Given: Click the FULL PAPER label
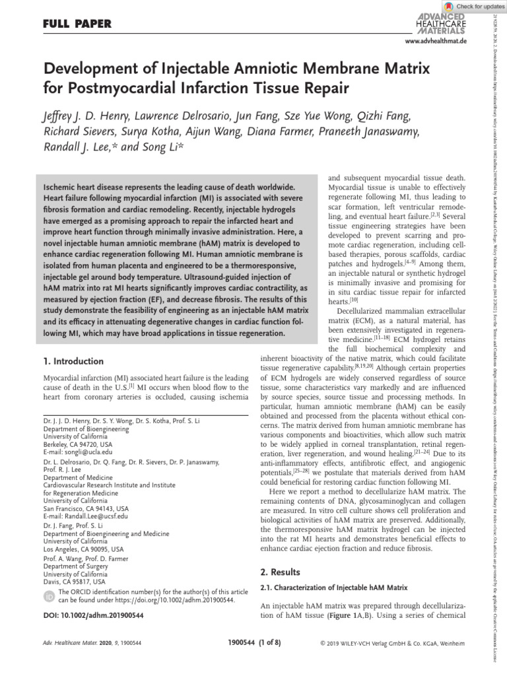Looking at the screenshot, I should tap(74, 24).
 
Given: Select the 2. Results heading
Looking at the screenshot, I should tap(281, 572).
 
